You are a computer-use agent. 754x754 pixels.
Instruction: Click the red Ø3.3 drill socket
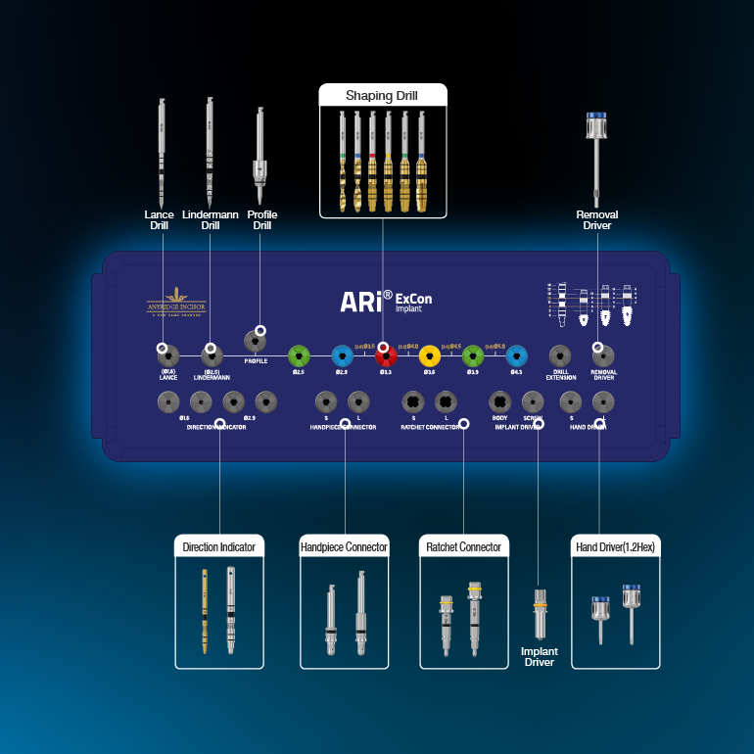[386, 355]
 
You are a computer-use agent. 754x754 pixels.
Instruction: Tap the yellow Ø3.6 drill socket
[429, 355]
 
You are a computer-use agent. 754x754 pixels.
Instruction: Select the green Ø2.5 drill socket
[300, 355]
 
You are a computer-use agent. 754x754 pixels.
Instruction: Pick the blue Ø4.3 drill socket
[516, 355]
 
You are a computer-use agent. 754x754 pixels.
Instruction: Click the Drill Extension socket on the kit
[560, 355]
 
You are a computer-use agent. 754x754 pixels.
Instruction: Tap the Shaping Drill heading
[382, 95]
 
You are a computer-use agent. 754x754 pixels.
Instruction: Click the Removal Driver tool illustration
[592, 157]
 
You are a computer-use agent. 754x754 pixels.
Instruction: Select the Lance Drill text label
[160, 220]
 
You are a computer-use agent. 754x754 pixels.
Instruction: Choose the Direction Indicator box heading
[219, 547]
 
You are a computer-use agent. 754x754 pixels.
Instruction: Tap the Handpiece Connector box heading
[344, 547]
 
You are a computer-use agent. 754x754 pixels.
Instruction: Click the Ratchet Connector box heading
[464, 547]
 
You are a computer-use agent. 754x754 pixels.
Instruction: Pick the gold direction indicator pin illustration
[205, 610]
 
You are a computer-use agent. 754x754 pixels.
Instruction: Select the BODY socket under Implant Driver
[499, 401]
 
